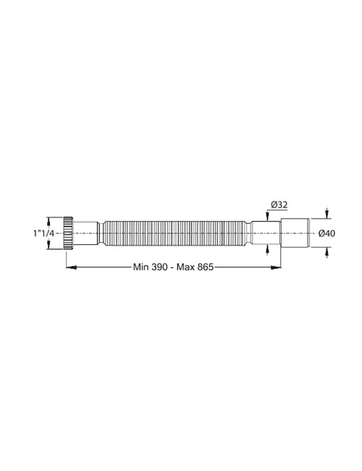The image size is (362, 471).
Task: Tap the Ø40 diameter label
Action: click(x=326, y=233)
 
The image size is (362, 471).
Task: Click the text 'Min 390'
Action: click(x=150, y=267)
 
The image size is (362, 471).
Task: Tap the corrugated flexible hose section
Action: click(x=174, y=233)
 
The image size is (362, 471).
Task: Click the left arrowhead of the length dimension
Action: click(x=70, y=267)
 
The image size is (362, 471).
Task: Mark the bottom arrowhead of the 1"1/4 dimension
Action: click(x=49, y=246)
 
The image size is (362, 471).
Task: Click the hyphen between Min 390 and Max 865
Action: click(x=172, y=267)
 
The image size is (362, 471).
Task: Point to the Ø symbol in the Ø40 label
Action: click(x=321, y=233)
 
